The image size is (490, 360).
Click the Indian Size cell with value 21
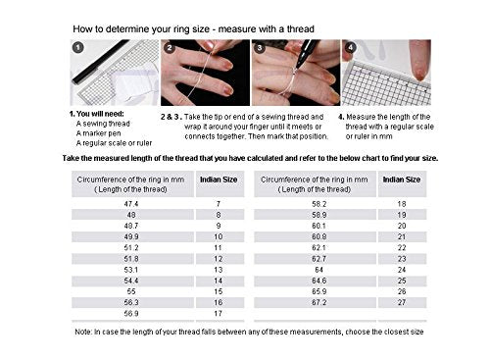click(x=401, y=234)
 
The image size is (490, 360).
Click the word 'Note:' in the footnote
click(x=86, y=333)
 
